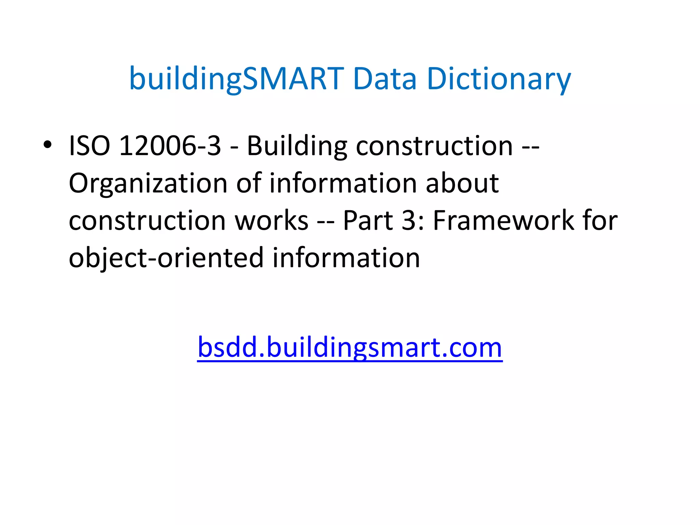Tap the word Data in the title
click(x=385, y=79)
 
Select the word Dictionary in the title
click(x=499, y=79)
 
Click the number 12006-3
click(x=170, y=146)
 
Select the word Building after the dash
click(x=297, y=146)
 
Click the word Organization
click(x=148, y=184)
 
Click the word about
click(x=462, y=184)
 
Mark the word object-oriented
click(x=166, y=258)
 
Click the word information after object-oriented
click(x=346, y=258)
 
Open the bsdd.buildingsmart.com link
click(x=350, y=348)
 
